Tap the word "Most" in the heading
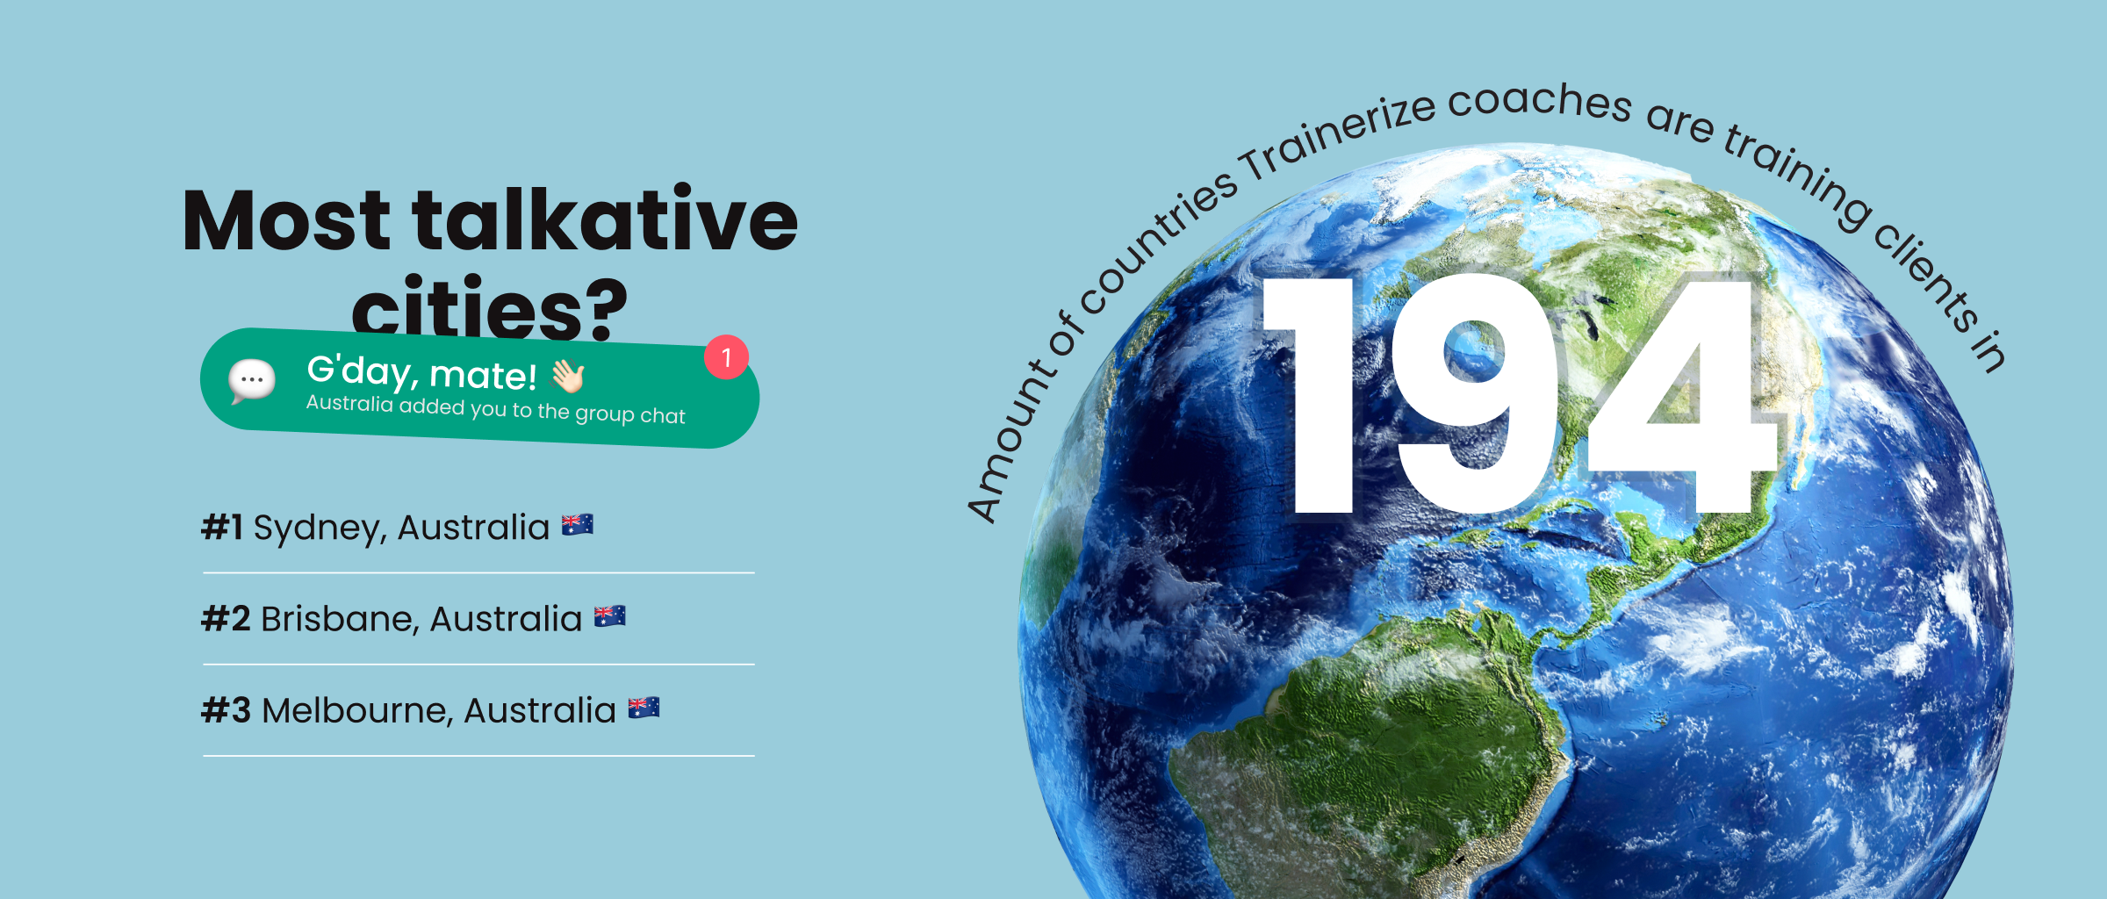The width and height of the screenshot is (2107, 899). click(286, 220)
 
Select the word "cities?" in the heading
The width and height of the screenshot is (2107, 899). click(490, 307)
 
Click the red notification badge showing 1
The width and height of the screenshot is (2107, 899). click(726, 357)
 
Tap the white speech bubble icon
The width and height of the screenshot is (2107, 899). click(252, 381)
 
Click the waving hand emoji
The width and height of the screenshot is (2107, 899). click(568, 377)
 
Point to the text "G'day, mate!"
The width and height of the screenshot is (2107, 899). click(421, 373)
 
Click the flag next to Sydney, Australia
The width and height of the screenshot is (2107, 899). click(578, 524)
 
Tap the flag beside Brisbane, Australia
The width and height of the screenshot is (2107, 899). click(610, 616)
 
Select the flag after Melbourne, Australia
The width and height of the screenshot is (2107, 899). click(644, 708)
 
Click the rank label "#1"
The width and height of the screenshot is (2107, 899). click(222, 528)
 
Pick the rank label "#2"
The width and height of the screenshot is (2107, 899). click(227, 619)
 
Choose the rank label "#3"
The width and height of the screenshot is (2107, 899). click(227, 710)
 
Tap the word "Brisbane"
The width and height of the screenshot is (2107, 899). click(339, 620)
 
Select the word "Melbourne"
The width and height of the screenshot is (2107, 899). click(357, 711)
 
